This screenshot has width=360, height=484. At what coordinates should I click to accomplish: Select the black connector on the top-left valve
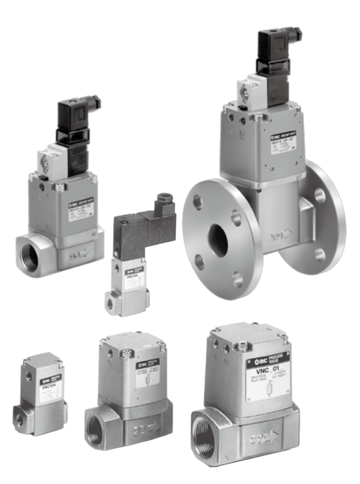tap(74, 122)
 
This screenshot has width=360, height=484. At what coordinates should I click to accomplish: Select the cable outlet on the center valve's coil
tap(164, 201)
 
